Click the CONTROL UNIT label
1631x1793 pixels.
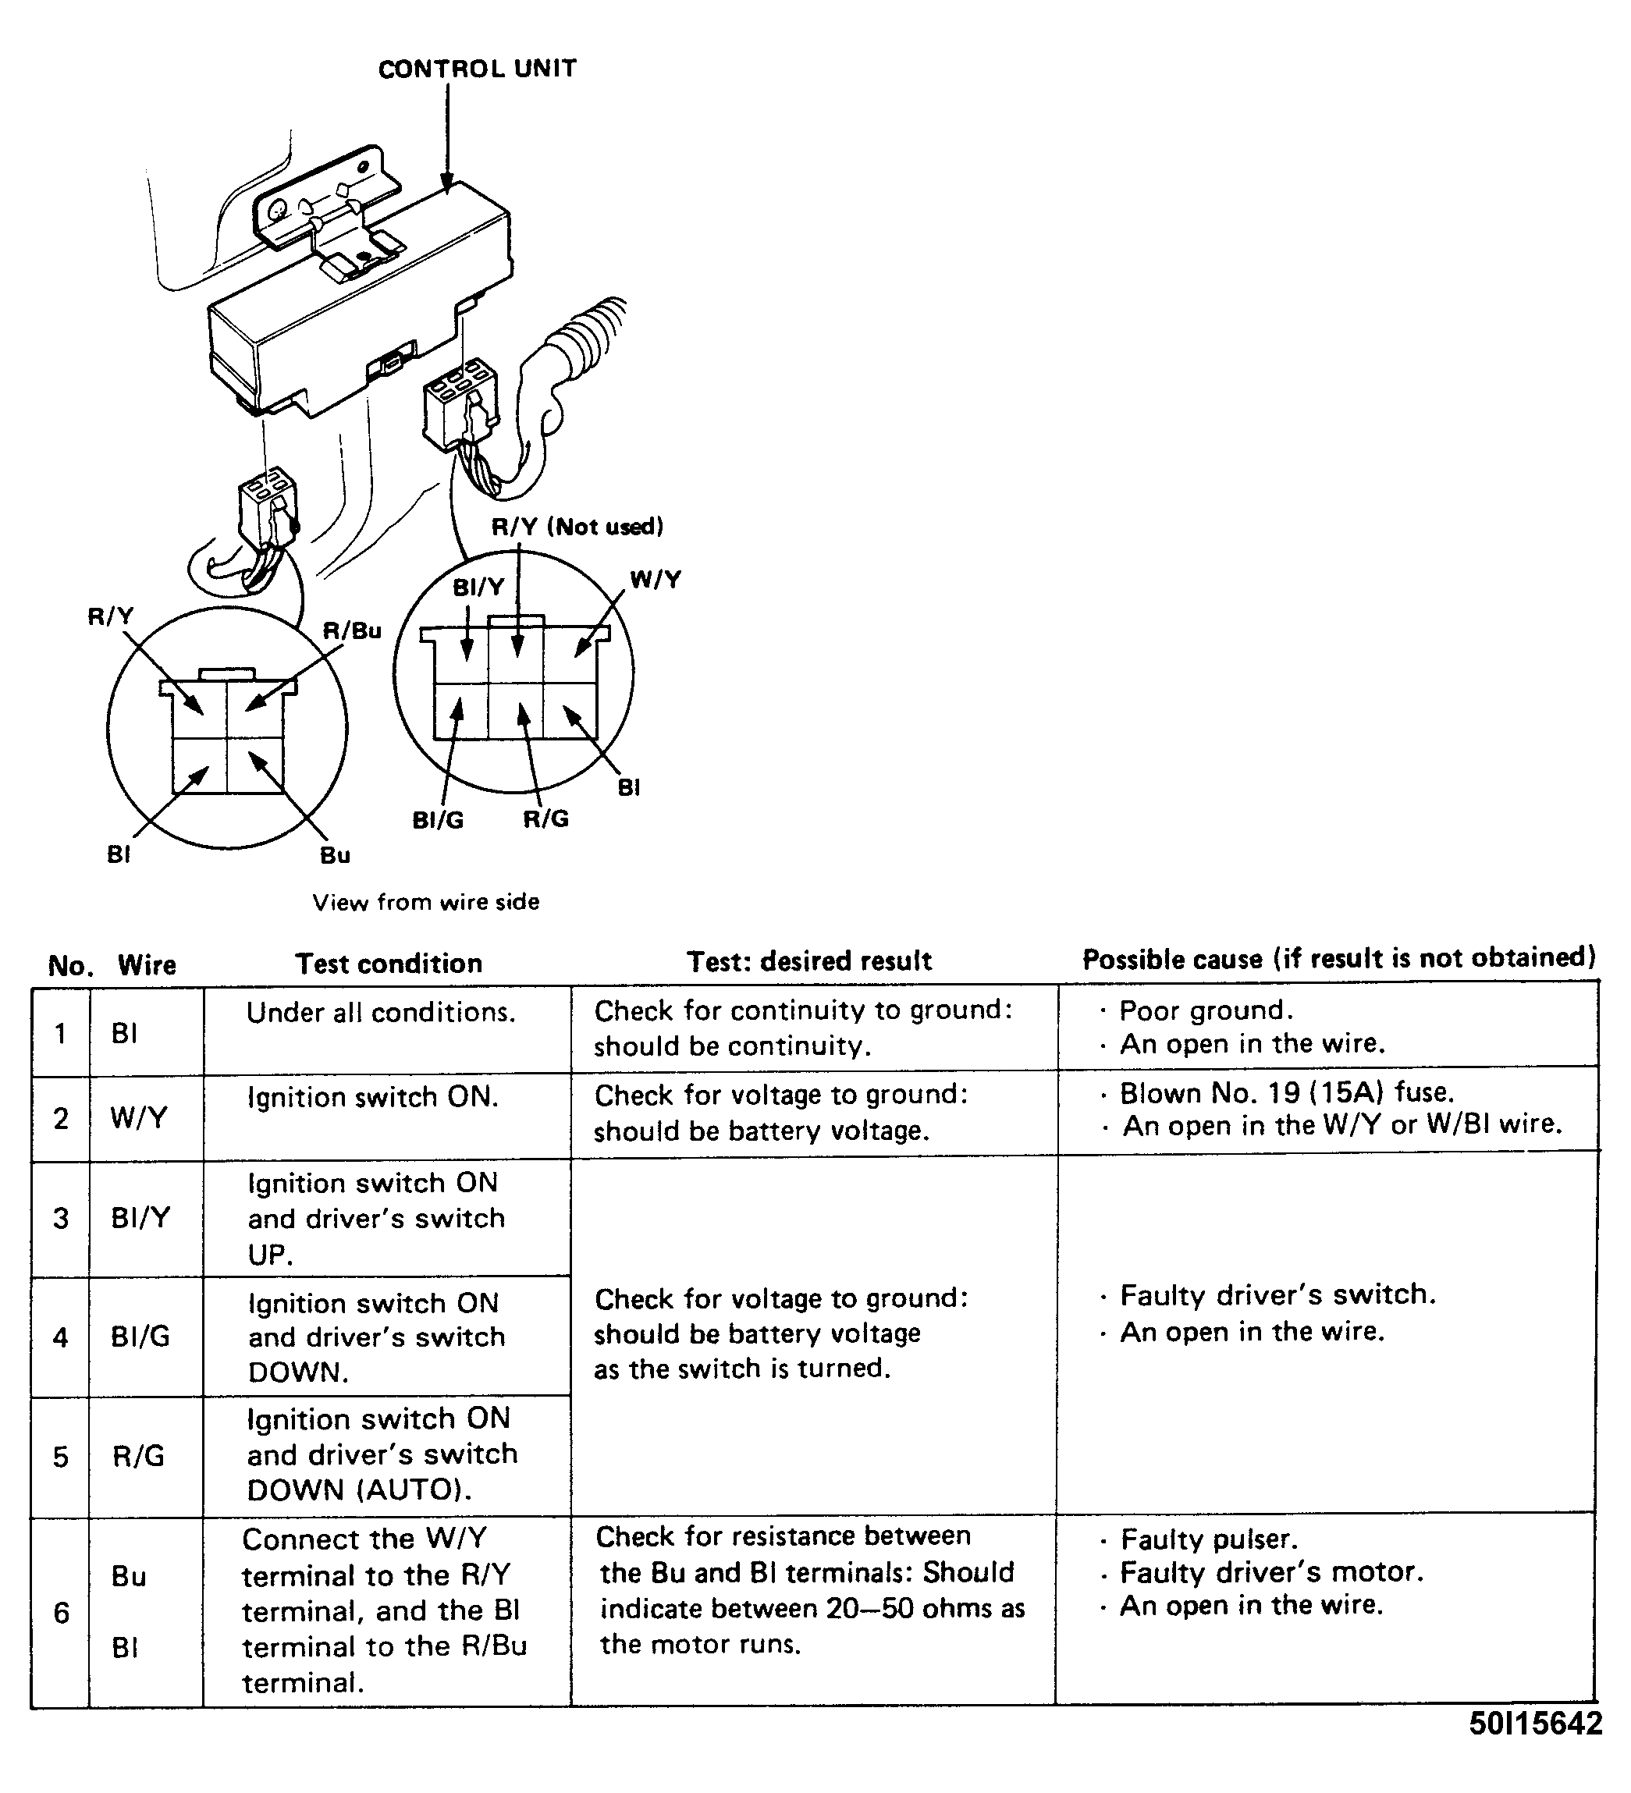pyautogui.click(x=477, y=69)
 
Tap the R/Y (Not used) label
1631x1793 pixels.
pyautogui.click(x=577, y=527)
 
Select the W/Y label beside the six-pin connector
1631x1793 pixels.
pyautogui.click(x=656, y=580)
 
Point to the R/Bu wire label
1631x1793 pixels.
pyautogui.click(x=351, y=630)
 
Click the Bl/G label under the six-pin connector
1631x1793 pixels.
pyautogui.click(x=438, y=820)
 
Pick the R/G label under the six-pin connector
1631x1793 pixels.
pyautogui.click(x=545, y=819)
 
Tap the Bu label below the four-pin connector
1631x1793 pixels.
pyautogui.click(x=336, y=856)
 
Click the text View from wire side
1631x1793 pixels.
pyautogui.click(x=425, y=902)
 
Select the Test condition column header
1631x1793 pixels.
pyautogui.click(x=389, y=963)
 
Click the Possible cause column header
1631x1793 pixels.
pyautogui.click(x=1338, y=958)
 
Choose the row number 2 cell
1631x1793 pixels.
pyautogui.click(x=60, y=1118)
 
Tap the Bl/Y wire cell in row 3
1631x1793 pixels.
pyautogui.click(x=140, y=1217)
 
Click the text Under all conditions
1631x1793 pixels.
pyautogui.click(x=381, y=1013)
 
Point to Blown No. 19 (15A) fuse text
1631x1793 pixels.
pyautogui.click(x=1286, y=1092)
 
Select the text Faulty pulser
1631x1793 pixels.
pyautogui.click(x=1209, y=1539)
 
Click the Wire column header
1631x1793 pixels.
pyautogui.click(x=147, y=965)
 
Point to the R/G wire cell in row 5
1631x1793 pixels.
pyautogui.click(x=139, y=1456)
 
